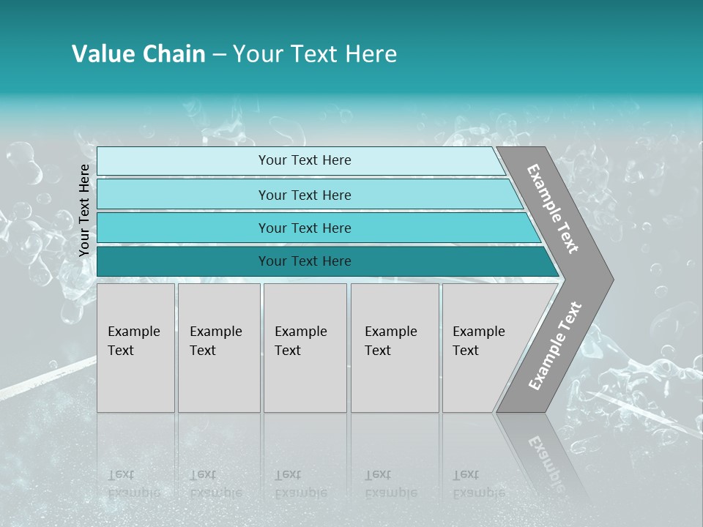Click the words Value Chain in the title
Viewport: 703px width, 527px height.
138,54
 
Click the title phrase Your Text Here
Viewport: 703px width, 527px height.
315,54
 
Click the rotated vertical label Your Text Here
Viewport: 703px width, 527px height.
84,210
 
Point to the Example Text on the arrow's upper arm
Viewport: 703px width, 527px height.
553,209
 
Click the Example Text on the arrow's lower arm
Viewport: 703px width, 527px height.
554,346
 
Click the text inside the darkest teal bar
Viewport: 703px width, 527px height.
305,261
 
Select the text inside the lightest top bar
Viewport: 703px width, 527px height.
305,160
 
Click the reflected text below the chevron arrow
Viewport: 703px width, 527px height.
545,461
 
